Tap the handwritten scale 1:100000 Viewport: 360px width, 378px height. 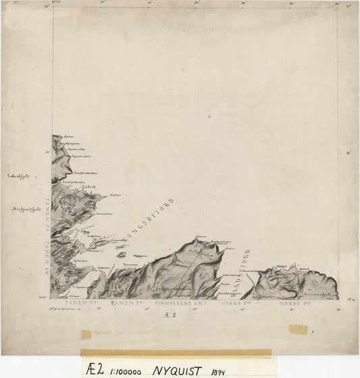click(126, 370)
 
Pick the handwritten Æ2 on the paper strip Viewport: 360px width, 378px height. click(95, 369)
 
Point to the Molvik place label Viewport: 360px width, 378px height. click(304, 268)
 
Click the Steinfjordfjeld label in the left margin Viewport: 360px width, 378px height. click(26, 210)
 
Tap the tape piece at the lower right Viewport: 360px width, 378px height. click(298, 329)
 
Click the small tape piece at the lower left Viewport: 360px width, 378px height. click(86, 334)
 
